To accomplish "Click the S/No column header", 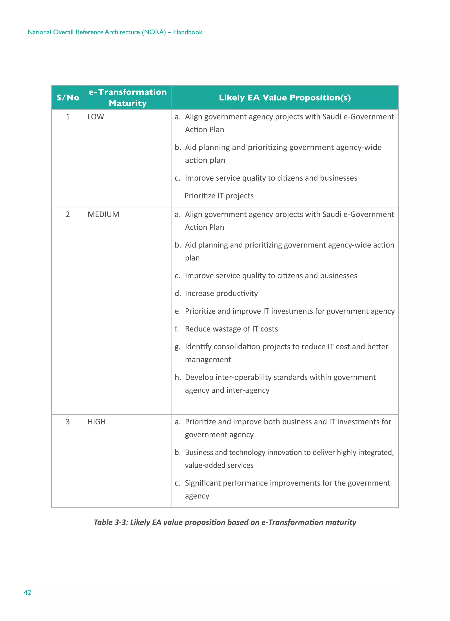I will coord(68,98).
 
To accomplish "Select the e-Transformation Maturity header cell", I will coord(127,97).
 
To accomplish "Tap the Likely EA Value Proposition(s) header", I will coord(285,98).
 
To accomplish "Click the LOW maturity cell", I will coord(96,117).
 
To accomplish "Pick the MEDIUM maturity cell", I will coord(103,214).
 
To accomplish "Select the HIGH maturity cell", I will coord(96,422).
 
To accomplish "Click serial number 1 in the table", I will coord(68,117).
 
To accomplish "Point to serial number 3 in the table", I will coord(68,422).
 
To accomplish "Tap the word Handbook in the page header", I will coord(188,32).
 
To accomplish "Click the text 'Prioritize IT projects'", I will coord(219,196).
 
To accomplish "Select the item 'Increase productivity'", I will coord(221,293).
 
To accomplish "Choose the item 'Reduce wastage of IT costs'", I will coord(231,329).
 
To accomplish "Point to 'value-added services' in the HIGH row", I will coord(219,465).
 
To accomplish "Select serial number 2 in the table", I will coord(68,214).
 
